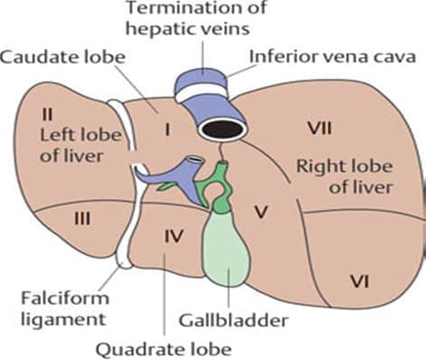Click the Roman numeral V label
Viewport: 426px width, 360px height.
(x=261, y=213)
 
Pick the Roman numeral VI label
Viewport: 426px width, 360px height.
(x=360, y=282)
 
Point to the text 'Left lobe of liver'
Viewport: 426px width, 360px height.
(x=71, y=142)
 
